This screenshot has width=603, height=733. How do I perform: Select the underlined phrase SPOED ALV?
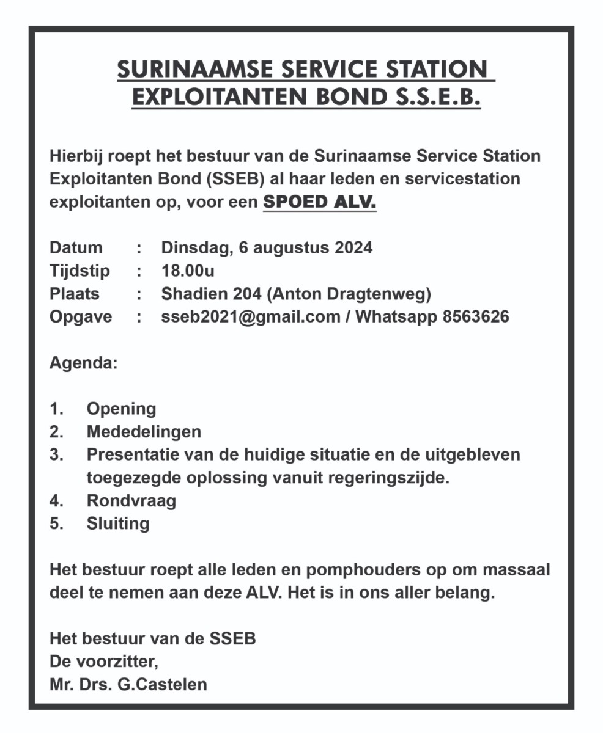tap(319, 202)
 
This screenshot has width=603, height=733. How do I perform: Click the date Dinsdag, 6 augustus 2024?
tap(267, 247)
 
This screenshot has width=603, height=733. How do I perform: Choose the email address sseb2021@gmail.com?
tap(250, 317)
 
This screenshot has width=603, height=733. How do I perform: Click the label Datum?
tap(76, 247)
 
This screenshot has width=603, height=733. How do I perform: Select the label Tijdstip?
tap(80, 271)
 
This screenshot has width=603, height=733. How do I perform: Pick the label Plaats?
tap(74, 294)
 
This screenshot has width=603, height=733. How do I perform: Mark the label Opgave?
tap(80, 317)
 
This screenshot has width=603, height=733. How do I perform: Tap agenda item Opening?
tap(121, 409)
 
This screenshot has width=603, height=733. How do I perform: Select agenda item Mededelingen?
tap(144, 432)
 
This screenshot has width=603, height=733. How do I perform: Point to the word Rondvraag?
tap(131, 501)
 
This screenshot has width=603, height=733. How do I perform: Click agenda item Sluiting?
tap(118, 524)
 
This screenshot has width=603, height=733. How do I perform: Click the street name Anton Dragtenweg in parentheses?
tap(349, 294)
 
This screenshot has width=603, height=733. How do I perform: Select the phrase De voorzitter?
tap(104, 662)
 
